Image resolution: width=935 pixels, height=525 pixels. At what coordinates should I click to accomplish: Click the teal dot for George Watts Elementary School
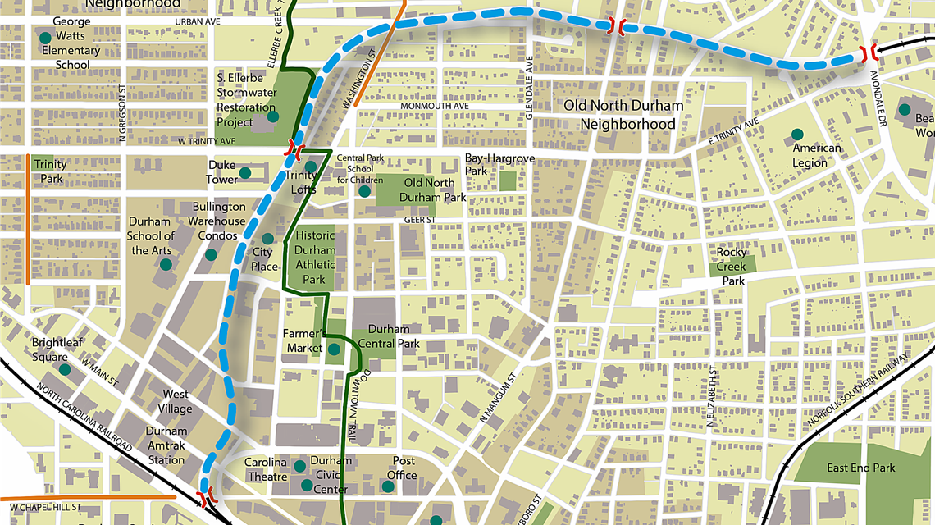45,38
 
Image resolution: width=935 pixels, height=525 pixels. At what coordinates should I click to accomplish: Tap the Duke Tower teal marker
244,173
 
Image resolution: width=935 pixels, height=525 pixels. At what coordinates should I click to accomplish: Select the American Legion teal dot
796,134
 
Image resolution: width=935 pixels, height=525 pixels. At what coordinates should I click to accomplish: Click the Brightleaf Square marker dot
65,369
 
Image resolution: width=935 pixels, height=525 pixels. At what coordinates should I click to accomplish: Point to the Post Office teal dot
388,486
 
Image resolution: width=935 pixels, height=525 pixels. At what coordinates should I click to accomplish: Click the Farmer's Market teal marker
334,349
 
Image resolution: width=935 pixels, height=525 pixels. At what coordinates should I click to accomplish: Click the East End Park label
860,468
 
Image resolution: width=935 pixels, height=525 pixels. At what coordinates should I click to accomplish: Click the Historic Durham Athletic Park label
316,257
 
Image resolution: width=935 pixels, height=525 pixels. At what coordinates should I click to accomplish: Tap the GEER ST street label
417,220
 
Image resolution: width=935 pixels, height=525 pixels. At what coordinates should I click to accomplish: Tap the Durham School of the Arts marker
166,264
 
